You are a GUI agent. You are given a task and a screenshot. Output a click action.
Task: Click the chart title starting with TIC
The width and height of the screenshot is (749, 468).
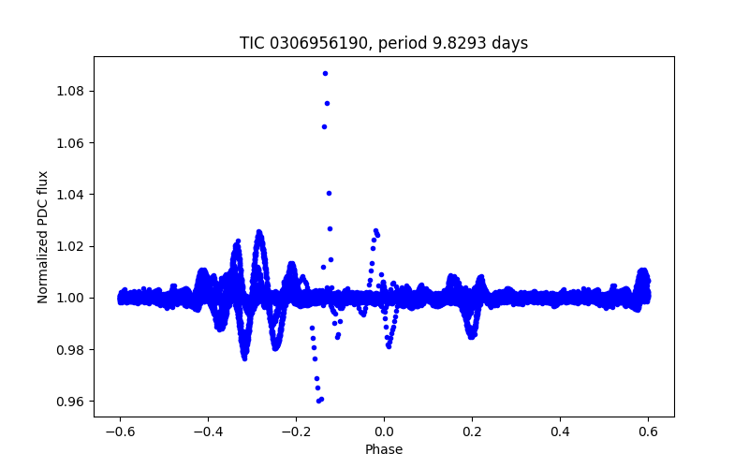[384, 43]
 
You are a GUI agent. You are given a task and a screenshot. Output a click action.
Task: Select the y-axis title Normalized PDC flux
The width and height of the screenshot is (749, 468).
[43, 236]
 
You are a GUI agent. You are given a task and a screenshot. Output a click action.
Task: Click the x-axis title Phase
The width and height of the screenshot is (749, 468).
[384, 449]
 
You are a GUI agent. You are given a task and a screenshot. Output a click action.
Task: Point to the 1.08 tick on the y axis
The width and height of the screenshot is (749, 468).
[70, 91]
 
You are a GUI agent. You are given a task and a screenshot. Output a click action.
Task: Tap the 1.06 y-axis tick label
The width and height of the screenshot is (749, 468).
[70, 142]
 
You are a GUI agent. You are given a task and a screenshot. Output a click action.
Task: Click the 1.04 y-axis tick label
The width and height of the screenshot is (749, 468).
[70, 194]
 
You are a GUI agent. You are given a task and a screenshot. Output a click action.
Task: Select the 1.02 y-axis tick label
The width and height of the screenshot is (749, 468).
[70, 246]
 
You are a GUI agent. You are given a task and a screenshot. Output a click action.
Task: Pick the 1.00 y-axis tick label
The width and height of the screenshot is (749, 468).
[70, 298]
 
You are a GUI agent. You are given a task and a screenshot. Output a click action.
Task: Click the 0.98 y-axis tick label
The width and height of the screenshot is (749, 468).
[70, 349]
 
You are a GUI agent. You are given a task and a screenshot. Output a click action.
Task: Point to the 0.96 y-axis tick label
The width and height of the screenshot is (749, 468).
[70, 401]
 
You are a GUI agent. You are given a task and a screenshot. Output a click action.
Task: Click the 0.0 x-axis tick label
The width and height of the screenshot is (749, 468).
[384, 431]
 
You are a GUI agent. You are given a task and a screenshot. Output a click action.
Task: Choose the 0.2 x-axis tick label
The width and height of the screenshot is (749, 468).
[472, 431]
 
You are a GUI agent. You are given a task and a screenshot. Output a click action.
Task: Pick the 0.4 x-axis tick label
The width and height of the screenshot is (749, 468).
[560, 431]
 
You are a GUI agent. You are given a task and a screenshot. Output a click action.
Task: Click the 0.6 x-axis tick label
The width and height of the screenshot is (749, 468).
[648, 431]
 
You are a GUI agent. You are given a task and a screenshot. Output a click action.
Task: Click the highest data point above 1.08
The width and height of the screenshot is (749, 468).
[325, 73]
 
